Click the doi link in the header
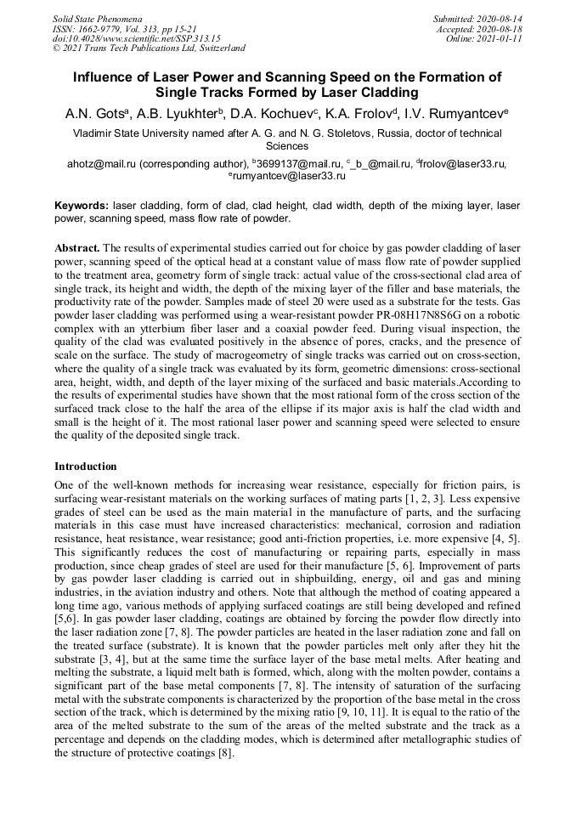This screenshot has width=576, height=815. coord(136,39)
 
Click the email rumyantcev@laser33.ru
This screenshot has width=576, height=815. coord(290,175)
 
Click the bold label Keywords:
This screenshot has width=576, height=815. coord(82,207)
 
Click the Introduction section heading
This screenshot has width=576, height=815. coord(86,467)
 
